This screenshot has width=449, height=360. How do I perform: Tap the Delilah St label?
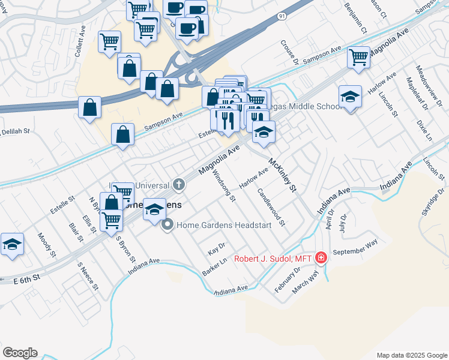click(14, 131)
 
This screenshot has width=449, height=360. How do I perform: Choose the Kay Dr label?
click(215, 247)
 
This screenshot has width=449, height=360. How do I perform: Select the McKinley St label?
click(283, 175)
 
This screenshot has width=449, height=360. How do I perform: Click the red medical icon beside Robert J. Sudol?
click(321, 258)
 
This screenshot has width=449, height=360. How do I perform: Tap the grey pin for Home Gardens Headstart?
click(167, 226)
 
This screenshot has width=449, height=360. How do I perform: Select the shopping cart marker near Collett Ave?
click(109, 42)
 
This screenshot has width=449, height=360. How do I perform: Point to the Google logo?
click(20, 353)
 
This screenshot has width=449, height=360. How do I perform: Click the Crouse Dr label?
click(289, 52)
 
